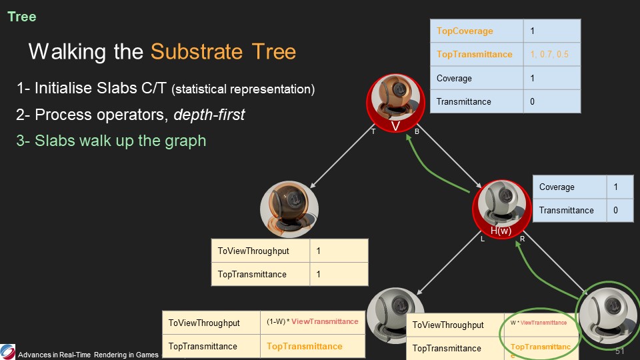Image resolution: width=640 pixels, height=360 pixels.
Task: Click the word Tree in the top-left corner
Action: click(22, 17)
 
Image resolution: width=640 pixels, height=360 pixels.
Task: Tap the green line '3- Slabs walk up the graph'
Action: click(111, 141)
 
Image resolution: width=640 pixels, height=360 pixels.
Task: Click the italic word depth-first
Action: click(209, 115)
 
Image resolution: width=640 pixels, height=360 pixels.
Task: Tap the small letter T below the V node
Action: click(373, 132)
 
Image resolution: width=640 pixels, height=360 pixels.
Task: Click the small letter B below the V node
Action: click(417, 132)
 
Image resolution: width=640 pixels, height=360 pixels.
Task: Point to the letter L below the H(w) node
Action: click(482, 239)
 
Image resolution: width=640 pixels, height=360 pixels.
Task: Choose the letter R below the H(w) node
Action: click(522, 239)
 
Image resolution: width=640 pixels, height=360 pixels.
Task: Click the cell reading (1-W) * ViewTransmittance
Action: click(312, 322)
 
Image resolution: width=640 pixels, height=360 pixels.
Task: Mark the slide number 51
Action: click(619, 351)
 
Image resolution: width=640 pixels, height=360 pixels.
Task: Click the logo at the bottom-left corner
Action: click(8, 351)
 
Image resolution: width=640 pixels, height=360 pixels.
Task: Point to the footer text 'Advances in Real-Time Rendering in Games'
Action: click(89, 354)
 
